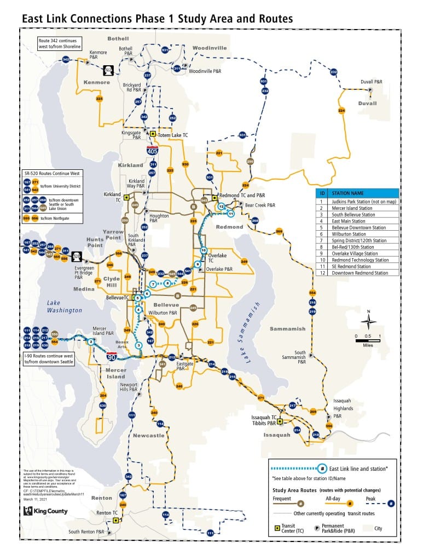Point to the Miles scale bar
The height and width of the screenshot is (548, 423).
click(368, 337)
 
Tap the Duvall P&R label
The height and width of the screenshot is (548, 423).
click(371, 81)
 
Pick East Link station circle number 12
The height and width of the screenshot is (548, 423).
click(221, 206)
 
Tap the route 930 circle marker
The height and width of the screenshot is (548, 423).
click(185, 164)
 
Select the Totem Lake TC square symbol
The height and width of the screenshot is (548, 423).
click(153, 134)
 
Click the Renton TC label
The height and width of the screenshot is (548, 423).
click(108, 513)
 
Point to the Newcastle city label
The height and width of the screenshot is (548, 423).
click(148, 436)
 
